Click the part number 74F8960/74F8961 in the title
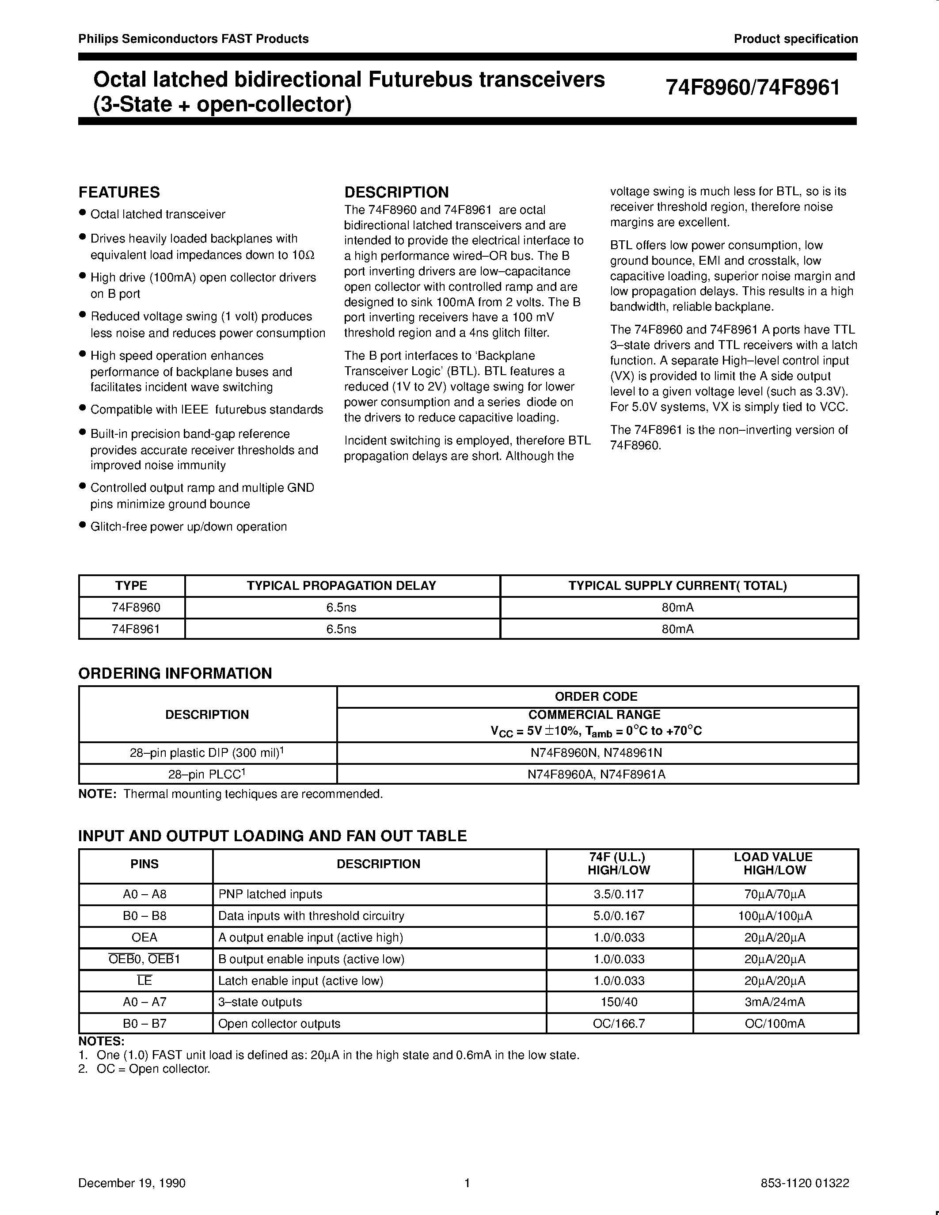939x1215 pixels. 753,88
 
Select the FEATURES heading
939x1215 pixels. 119,193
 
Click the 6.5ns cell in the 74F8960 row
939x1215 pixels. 341,607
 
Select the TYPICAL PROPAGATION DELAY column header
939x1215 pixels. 341,586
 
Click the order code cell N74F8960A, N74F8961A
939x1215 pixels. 597,774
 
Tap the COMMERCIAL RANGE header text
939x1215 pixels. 594,715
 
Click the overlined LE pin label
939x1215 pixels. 144,980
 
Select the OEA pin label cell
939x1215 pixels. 144,938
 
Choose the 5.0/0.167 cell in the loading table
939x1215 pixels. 619,916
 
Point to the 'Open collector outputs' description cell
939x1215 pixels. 279,1024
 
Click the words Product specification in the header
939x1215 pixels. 795,39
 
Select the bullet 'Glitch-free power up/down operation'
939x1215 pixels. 189,526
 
